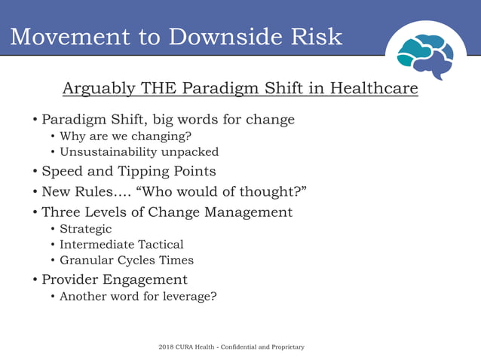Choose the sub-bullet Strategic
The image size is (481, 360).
click(x=85, y=229)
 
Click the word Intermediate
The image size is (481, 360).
click(x=97, y=245)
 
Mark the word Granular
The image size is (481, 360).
click(x=85, y=261)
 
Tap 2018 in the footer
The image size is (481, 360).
click(x=166, y=347)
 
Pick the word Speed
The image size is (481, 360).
click(x=62, y=172)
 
